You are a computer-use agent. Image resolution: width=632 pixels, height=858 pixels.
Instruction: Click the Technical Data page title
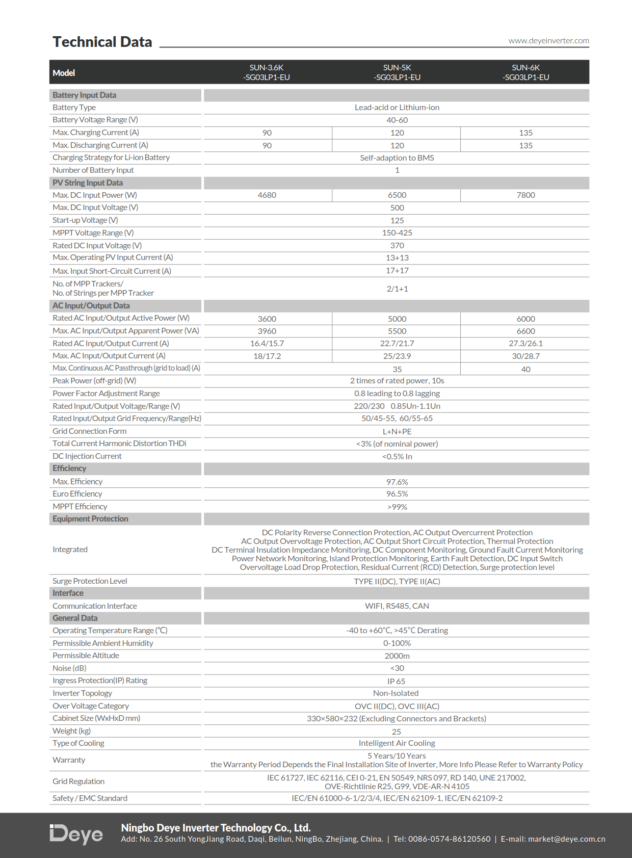pos(102,42)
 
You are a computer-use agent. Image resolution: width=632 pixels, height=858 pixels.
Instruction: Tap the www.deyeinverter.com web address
pos(548,41)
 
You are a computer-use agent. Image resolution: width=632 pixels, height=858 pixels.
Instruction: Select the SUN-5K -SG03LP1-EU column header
pos(397,72)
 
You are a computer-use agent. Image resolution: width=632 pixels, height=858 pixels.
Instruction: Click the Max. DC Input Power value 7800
pos(525,195)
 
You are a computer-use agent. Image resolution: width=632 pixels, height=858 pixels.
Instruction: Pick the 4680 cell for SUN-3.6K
pos(267,195)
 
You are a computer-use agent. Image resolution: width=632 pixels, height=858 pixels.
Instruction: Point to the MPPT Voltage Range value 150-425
pos(397,233)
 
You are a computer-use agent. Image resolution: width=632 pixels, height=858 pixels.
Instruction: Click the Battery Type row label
pos(74,108)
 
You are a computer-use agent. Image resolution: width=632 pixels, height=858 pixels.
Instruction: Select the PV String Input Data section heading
pos(88,183)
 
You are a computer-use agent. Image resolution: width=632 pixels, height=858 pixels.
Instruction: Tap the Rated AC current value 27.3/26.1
pos(525,344)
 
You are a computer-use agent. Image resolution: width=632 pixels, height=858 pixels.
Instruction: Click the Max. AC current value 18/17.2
pos(267,356)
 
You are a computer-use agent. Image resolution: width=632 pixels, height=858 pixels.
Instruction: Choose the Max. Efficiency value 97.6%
pos(397,482)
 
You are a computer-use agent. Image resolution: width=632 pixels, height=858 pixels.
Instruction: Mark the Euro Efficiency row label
pos(77,494)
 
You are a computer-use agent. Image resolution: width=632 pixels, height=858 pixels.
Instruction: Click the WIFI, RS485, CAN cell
pos(397,606)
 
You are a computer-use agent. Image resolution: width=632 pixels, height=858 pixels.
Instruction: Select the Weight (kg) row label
pos(71,731)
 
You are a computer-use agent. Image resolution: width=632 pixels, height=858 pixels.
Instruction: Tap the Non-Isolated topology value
pos(396,693)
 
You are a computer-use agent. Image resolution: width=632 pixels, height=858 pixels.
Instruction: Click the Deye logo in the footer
pos(76,834)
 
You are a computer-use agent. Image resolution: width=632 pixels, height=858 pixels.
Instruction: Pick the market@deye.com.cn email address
pos(566,839)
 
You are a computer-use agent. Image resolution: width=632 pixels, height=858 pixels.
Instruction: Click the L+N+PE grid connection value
pos(397,432)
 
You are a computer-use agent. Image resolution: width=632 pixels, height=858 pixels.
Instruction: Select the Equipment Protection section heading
pos(90,519)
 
